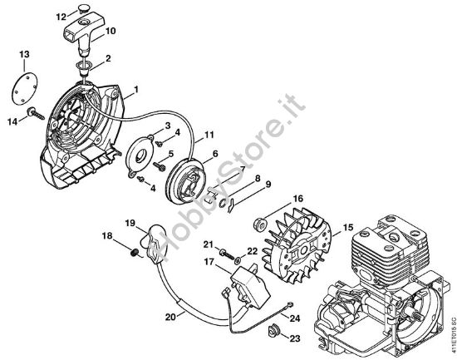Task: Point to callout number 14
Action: (x=12, y=121)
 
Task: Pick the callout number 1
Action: (x=135, y=89)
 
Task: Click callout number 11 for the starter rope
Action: (x=208, y=134)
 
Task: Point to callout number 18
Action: (x=107, y=237)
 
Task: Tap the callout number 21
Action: (x=209, y=244)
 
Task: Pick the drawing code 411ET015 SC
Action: (x=450, y=323)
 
